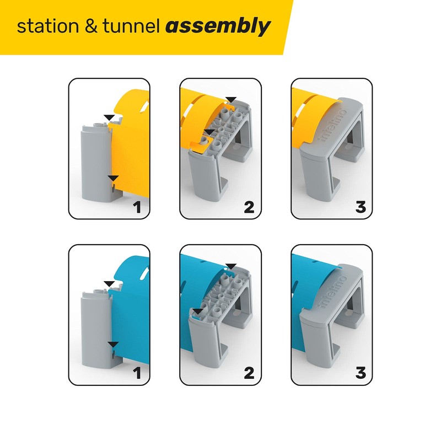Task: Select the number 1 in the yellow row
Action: pyautogui.click(x=137, y=208)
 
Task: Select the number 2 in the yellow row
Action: pyautogui.click(x=249, y=208)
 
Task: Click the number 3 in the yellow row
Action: pyautogui.click(x=361, y=208)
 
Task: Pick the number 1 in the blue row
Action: pyautogui.click(x=137, y=374)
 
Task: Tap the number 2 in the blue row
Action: pyautogui.click(x=249, y=374)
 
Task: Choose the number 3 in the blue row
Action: pyautogui.click(x=361, y=374)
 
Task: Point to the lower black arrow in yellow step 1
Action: pyautogui.click(x=112, y=179)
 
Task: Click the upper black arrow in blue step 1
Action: pyautogui.click(x=111, y=283)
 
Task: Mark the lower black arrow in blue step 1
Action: pyautogui.click(x=112, y=345)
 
